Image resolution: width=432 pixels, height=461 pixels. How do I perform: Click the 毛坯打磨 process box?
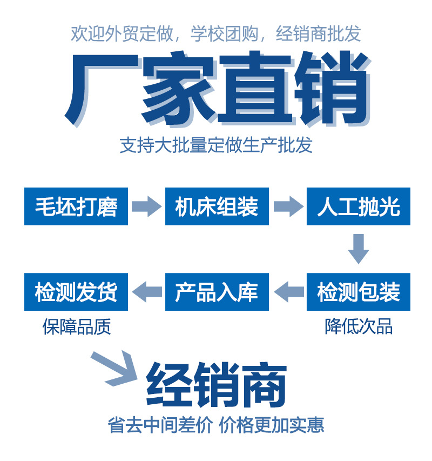pos(76,206)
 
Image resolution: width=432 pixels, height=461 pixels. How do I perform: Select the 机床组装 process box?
pos(217,206)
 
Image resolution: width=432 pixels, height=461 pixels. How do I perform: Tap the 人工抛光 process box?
pos(358,206)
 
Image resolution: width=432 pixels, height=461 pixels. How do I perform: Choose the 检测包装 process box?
pos(358,292)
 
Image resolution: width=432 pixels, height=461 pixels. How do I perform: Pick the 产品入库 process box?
pos(217,292)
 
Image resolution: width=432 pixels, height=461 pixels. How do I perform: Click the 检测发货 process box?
pos(76,292)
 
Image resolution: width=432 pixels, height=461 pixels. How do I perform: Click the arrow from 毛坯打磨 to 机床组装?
pos(146,206)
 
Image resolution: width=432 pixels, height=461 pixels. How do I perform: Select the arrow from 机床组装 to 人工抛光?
pos(288,206)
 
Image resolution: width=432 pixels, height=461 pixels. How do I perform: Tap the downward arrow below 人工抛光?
pos(358,249)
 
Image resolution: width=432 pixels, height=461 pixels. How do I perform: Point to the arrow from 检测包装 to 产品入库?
pos(288,292)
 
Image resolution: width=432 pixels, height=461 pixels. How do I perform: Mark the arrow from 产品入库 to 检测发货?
pos(146,292)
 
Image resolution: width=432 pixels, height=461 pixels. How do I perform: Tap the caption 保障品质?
pos(77,326)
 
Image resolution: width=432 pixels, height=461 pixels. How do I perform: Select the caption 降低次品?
pos(359,326)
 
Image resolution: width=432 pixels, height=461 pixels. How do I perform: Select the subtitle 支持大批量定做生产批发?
pos(216,146)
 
